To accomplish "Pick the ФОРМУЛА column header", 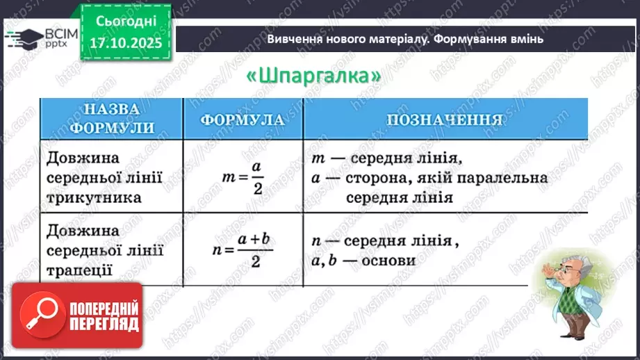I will coord(243,119).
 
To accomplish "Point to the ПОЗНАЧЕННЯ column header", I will coord(445,119).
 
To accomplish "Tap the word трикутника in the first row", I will coord(95,197).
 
